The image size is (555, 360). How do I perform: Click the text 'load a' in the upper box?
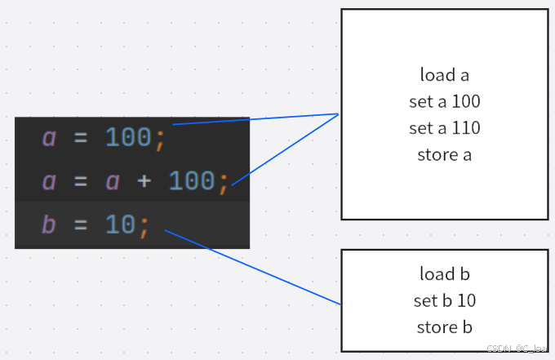pos(444,75)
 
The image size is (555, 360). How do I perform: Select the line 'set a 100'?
pos(444,102)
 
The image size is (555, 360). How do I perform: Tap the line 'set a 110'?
pos(444,128)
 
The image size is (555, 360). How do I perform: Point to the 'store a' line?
pos(444,154)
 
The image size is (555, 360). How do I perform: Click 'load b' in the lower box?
pos(444,273)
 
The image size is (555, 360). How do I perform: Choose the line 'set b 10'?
pos(444,300)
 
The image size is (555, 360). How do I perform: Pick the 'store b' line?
pos(444,327)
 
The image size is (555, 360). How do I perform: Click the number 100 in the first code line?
pos(128,138)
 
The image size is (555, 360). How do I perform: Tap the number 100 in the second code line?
pos(192,180)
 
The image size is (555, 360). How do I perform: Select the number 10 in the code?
pos(121,224)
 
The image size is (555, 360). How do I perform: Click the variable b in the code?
pos(49,224)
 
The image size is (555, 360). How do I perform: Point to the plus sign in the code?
pos(144,180)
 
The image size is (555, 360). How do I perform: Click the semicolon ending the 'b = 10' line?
pos(144,225)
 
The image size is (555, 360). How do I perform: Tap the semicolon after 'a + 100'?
pos(224,182)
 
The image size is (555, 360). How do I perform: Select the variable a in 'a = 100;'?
pos(49,138)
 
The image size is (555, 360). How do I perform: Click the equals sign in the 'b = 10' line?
pos(81,224)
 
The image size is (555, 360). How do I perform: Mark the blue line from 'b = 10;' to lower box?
pos(253,267)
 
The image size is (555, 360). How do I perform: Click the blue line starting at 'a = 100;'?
pos(255,119)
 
